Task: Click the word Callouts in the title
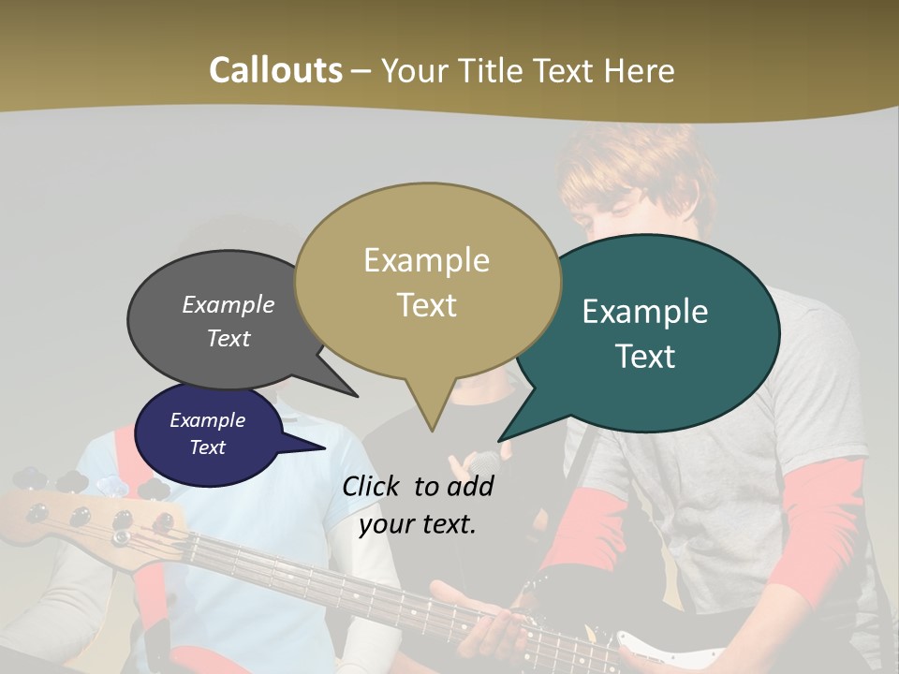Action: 275,70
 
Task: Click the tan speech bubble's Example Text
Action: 426,282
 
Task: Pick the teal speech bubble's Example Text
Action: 645,333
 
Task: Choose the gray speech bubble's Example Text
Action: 228,321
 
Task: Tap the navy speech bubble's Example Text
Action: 207,433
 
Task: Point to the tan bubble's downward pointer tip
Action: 431,430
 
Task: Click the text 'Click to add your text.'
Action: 418,505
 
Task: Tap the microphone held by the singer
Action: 485,462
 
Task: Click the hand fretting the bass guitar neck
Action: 487,623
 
